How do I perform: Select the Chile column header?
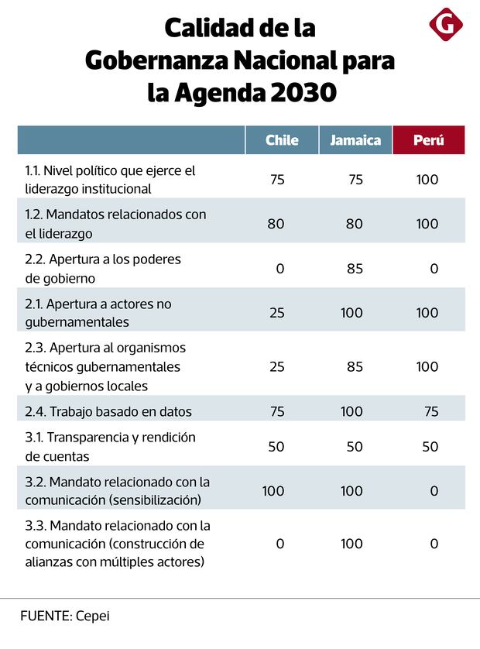tap(282, 140)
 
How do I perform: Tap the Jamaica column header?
tap(355, 140)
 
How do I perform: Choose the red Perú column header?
tap(428, 140)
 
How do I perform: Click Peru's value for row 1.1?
tap(427, 180)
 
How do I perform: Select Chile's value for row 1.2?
tap(276, 224)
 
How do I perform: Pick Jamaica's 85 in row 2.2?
tap(355, 269)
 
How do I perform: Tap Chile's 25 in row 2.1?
tap(276, 313)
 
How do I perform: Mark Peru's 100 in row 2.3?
tap(427, 366)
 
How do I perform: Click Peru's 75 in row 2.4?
tap(430, 411)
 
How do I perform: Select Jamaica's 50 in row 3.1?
tap(355, 447)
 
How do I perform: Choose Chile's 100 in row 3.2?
tap(273, 491)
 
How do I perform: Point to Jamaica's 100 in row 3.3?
tap(351, 544)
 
